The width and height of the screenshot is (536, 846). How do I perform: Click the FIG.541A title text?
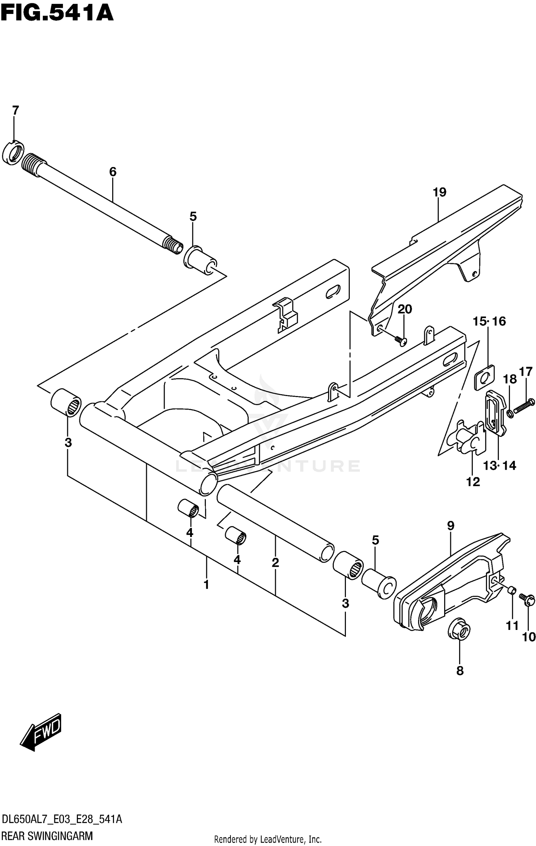pyautogui.click(x=57, y=14)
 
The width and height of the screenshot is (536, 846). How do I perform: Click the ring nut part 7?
pyautogui.click(x=13, y=153)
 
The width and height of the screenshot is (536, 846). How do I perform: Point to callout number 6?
pyautogui.click(x=113, y=172)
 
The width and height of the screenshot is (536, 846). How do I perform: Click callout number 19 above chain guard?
pyautogui.click(x=440, y=192)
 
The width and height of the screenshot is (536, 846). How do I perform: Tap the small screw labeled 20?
pyautogui.click(x=401, y=341)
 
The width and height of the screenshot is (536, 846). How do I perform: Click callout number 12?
pyautogui.click(x=473, y=482)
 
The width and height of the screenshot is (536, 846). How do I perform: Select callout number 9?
pyautogui.click(x=450, y=525)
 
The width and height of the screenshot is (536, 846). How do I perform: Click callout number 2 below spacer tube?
pyautogui.click(x=275, y=563)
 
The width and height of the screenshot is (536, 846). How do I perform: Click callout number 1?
pyautogui.click(x=206, y=585)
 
